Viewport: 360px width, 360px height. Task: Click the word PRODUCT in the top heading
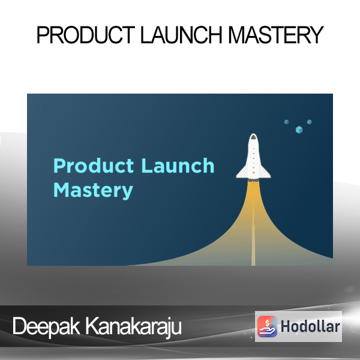86,35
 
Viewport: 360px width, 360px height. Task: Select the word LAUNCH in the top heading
181,35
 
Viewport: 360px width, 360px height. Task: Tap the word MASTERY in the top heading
276,35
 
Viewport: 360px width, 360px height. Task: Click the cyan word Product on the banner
94,166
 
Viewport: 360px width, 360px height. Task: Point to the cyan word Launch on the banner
178,166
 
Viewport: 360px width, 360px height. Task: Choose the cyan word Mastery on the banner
93,191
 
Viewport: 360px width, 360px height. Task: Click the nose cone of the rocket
253,137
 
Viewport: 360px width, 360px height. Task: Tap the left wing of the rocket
242,173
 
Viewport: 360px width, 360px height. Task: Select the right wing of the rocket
265,173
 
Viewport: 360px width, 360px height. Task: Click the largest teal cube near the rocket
299,130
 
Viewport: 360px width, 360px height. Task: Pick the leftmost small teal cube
286,122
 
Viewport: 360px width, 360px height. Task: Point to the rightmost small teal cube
309,122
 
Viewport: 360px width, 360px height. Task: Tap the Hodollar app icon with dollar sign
267,326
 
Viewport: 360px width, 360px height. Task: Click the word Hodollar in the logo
310,326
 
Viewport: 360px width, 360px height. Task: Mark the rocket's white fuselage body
253,158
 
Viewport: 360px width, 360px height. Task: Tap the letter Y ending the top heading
317,35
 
